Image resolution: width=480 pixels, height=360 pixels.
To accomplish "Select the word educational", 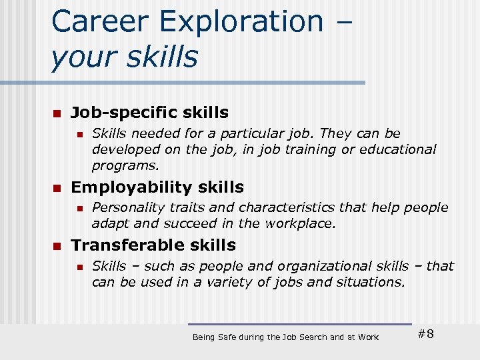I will (x=398, y=149).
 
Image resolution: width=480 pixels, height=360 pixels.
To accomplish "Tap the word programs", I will (x=125, y=166).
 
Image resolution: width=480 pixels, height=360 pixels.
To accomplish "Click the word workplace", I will (x=300, y=223).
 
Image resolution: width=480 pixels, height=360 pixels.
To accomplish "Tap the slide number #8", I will (x=425, y=334).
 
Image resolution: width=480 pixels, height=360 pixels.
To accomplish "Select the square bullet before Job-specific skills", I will (x=57, y=113).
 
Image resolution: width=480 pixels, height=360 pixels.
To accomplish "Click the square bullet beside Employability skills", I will (x=57, y=187).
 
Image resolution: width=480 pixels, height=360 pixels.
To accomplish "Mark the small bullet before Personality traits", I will (x=79, y=208).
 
